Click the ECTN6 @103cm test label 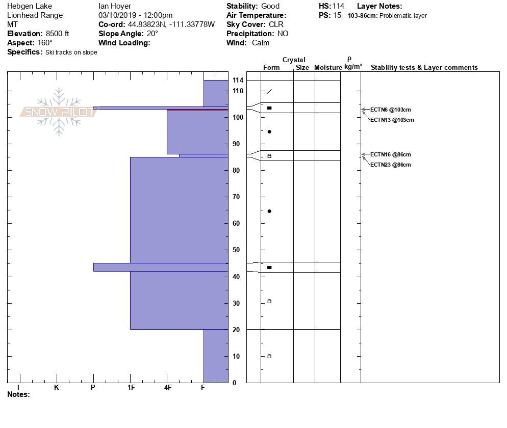[x=390, y=110]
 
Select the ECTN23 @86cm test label [x=390, y=165]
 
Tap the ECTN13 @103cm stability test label [x=392, y=120]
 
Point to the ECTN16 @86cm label [x=390, y=154]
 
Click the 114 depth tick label [x=238, y=81]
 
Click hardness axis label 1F [x=131, y=388]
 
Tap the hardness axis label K [x=56, y=388]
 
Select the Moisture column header [x=328, y=68]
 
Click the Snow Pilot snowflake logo [x=59, y=112]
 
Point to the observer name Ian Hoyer [x=115, y=6]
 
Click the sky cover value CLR [x=275, y=24]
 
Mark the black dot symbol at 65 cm [x=269, y=211]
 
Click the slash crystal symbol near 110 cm [x=269, y=92]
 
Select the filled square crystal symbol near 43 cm [x=269, y=267]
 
